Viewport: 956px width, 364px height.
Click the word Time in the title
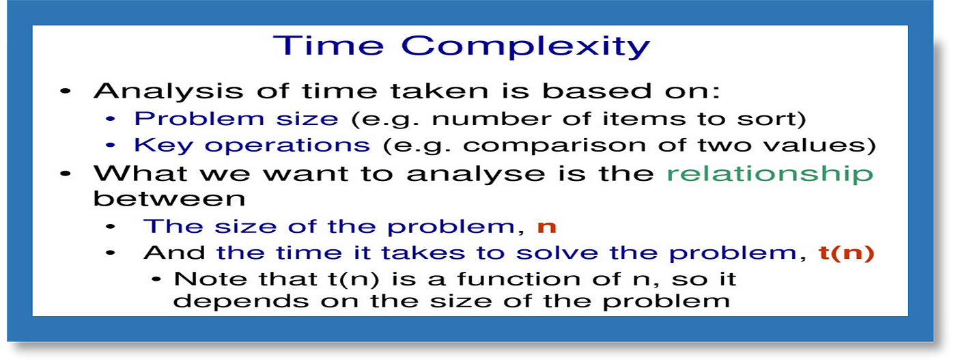[x=328, y=45]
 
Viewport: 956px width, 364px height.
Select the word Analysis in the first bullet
[x=169, y=92]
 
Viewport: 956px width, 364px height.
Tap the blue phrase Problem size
[x=236, y=119]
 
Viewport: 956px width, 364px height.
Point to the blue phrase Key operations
[x=252, y=145]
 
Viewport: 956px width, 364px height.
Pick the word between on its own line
[x=169, y=199]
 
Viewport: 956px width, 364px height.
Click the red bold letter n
[x=547, y=228]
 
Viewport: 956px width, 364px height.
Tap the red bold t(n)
[x=846, y=253]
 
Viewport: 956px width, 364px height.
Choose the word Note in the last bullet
[x=210, y=279]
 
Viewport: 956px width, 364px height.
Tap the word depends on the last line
[x=240, y=301]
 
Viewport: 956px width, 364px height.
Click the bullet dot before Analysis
[x=66, y=92]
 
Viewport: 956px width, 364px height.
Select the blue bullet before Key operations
[x=111, y=145]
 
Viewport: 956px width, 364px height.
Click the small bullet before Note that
[x=156, y=279]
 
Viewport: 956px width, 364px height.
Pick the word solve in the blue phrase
[x=556, y=253]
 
